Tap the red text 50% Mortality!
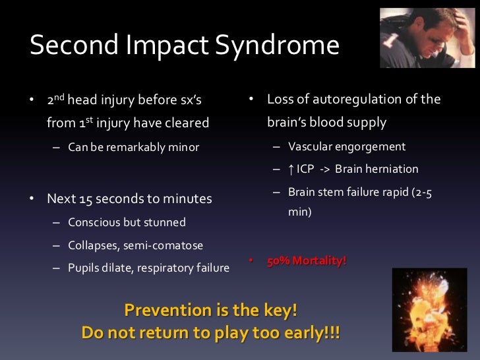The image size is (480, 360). (306, 261)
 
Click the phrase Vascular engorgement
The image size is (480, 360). (347, 146)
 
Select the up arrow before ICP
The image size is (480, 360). (291, 169)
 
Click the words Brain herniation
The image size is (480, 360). (376, 169)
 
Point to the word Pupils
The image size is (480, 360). (84, 268)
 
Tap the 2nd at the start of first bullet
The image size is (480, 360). (55, 100)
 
